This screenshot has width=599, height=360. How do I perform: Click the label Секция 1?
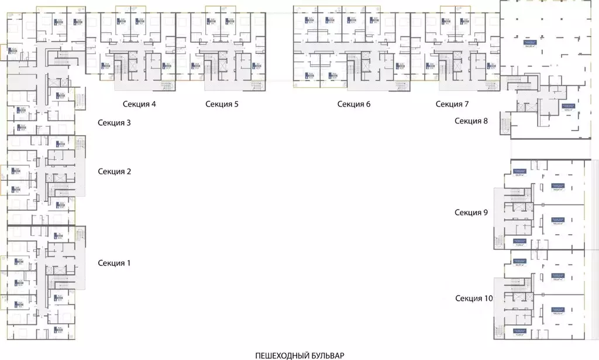114,263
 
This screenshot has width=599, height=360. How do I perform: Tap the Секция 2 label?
114,172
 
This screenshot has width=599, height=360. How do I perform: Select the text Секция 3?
114,123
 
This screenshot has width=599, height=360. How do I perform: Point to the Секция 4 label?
139,104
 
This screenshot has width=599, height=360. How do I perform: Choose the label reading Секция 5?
222,104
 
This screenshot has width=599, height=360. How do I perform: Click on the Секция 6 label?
354,104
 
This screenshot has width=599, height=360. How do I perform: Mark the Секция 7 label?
452,104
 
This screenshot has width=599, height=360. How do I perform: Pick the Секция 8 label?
471,121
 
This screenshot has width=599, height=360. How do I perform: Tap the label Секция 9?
471,212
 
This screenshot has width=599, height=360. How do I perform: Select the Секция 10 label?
474,299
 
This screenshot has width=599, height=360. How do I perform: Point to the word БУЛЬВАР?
328,355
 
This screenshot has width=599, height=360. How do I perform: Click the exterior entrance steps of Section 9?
499,239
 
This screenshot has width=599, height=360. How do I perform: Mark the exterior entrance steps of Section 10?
499,328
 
